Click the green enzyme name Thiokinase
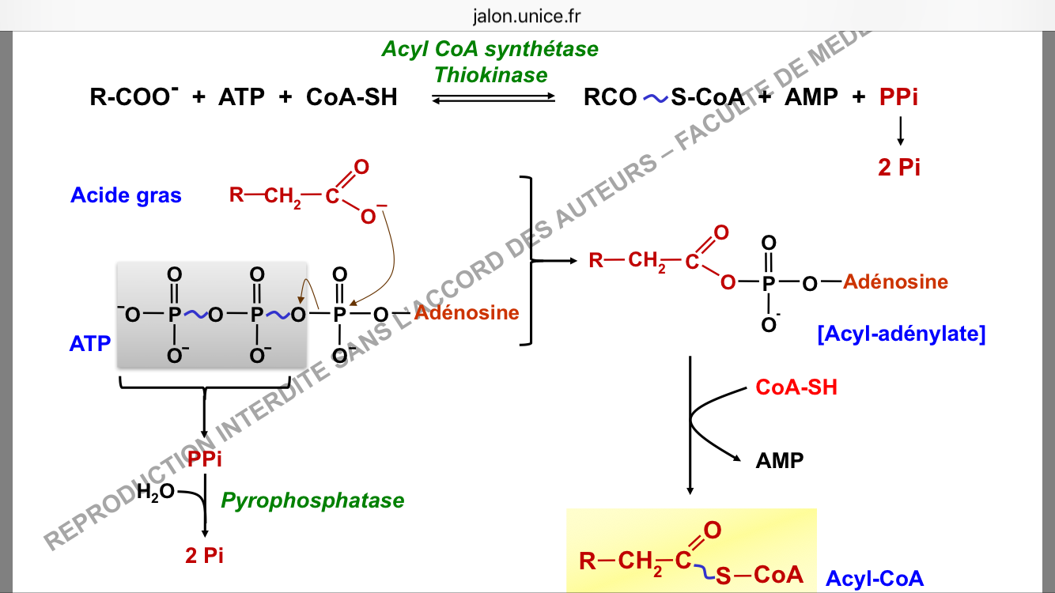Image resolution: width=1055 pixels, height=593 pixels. pyautogui.click(x=490, y=75)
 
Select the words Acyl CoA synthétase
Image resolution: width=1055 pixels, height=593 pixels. pyautogui.click(x=490, y=49)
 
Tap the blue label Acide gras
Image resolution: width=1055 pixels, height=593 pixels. pyautogui.click(x=126, y=195)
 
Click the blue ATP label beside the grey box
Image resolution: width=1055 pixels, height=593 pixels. pyautogui.click(x=90, y=344)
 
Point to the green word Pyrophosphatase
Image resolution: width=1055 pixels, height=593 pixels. pyautogui.click(x=312, y=500)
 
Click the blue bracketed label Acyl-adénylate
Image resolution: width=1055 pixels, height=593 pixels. pyautogui.click(x=902, y=334)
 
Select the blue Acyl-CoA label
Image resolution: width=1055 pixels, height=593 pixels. pyautogui.click(x=875, y=579)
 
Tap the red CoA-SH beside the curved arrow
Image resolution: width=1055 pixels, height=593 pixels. pyautogui.click(x=796, y=387)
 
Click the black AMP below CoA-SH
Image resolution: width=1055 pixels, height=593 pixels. pyautogui.click(x=780, y=460)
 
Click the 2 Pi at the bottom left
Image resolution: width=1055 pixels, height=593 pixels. pyautogui.click(x=205, y=555)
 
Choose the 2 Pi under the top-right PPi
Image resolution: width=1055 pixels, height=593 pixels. pyautogui.click(x=899, y=168)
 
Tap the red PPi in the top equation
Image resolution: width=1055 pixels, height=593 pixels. pyautogui.click(x=898, y=97)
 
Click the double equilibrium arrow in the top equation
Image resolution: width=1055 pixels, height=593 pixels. pyautogui.click(x=494, y=98)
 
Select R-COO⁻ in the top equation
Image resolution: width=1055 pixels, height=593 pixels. pyautogui.click(x=134, y=97)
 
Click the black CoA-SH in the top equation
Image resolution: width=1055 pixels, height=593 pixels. pyautogui.click(x=352, y=97)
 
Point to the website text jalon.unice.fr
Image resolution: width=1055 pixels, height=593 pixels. pyautogui.click(x=527, y=16)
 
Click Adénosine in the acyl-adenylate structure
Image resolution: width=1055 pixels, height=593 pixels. pyautogui.click(x=895, y=281)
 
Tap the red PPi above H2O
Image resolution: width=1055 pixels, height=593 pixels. pyautogui.click(x=205, y=459)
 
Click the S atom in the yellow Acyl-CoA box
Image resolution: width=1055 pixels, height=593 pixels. pyautogui.click(x=724, y=576)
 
